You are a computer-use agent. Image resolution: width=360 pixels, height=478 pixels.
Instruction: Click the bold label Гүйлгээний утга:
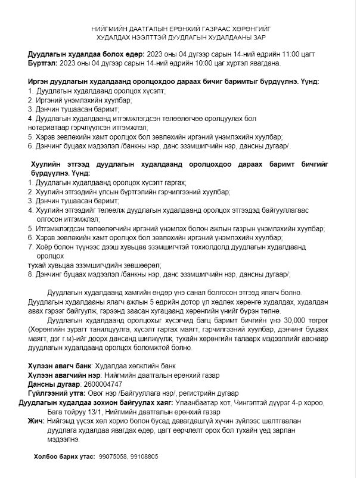pyautogui.click(x=57, y=393)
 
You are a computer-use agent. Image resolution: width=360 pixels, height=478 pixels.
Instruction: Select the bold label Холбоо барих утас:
pyautogui.click(x=64, y=457)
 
